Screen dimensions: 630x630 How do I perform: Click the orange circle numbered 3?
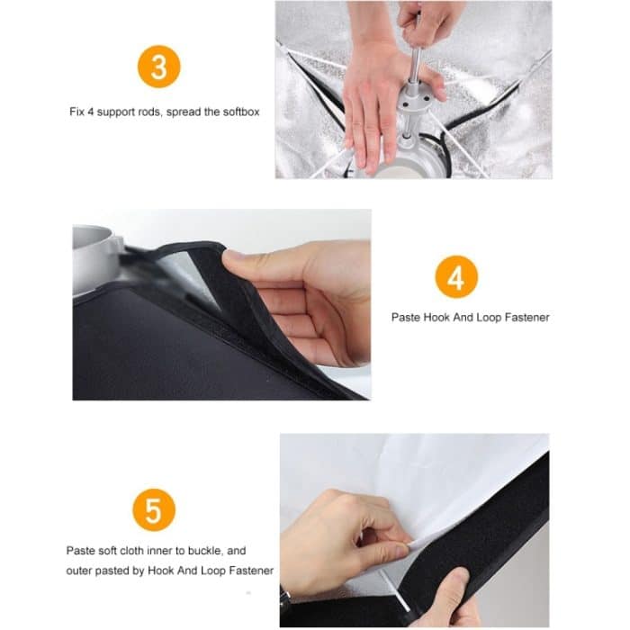click(x=159, y=67)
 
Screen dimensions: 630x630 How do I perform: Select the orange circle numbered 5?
click(x=154, y=509)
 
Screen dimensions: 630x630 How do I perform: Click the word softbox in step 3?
click(x=241, y=112)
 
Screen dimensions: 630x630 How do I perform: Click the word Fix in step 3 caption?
click(x=77, y=112)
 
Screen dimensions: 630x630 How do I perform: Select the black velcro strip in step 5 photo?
click(x=504, y=522)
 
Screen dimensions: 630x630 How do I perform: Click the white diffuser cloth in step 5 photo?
click(x=405, y=468)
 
